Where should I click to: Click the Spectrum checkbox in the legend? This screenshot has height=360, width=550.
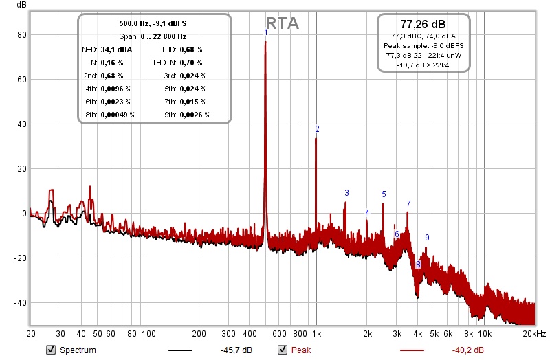point(50,350)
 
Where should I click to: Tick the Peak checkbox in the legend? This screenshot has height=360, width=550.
point(282,350)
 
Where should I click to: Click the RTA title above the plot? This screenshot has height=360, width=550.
point(282,23)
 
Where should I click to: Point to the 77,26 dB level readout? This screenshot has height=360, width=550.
point(423,23)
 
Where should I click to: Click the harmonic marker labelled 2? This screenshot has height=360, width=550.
point(317,128)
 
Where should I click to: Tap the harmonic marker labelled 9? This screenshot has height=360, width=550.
point(427,238)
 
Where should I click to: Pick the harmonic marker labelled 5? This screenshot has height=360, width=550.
point(384,194)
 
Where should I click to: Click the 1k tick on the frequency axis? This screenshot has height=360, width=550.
point(316,334)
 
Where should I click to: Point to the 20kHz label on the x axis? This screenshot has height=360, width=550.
point(533,334)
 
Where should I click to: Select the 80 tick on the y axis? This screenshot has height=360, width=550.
point(22,34)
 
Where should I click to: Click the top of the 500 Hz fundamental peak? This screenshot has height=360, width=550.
point(266,41)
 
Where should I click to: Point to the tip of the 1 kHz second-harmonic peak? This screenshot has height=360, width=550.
point(316,139)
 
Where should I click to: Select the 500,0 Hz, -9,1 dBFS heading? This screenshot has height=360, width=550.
point(154,23)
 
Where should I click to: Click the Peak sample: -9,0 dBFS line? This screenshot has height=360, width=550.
point(423,45)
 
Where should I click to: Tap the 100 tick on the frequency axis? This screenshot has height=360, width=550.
point(148,334)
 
